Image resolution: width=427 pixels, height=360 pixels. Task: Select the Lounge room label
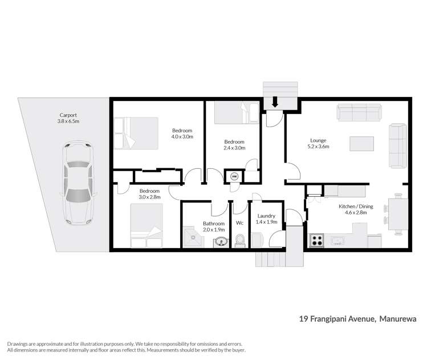click(x=318, y=140)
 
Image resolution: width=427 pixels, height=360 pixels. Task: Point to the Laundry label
click(x=266, y=216)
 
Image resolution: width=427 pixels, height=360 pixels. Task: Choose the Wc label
click(x=240, y=223)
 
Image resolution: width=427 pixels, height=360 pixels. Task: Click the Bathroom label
click(x=214, y=223)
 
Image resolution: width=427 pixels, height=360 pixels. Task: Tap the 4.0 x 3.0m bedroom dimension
click(x=182, y=137)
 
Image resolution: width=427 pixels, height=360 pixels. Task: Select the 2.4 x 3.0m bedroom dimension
click(x=234, y=148)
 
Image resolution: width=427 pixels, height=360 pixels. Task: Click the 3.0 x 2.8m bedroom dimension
click(x=149, y=197)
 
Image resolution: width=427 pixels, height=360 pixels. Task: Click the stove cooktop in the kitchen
click(x=316, y=240)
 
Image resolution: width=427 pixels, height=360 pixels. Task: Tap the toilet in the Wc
click(x=240, y=241)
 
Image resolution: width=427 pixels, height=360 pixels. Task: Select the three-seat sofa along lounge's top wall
click(x=359, y=112)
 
